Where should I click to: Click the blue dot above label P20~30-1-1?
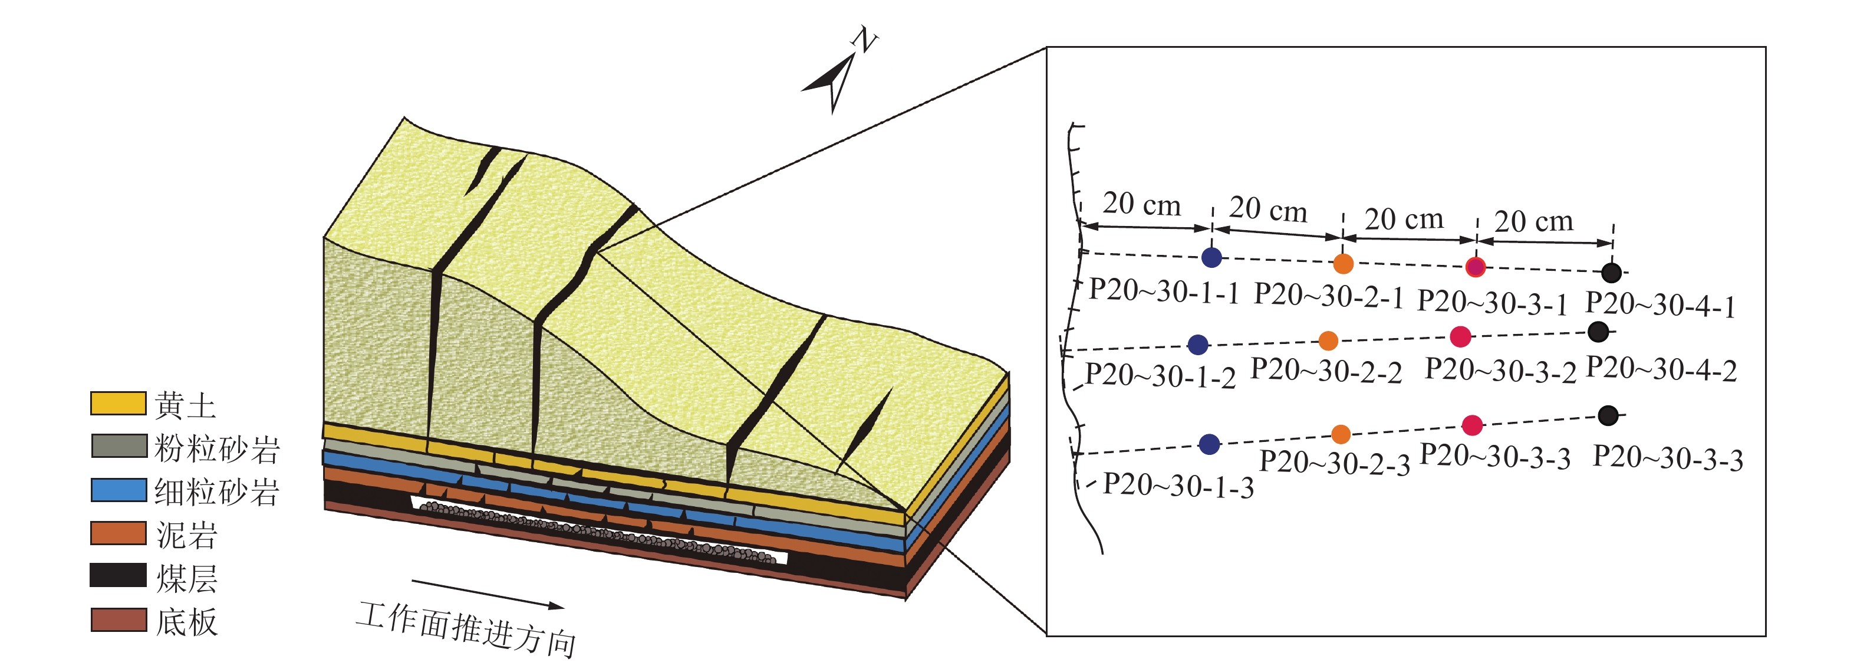(1212, 257)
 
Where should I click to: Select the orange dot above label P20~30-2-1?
(1343, 264)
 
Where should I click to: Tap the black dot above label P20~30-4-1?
(1611, 273)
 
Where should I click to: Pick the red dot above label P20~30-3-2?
(1460, 337)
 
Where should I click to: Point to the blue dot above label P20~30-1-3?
(1209, 444)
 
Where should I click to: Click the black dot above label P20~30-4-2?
(1598, 332)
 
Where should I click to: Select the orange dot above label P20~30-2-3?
(1341, 434)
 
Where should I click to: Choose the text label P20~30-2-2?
(1326, 371)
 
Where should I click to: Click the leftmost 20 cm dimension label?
(1142, 205)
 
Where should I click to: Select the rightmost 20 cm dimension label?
(1533, 221)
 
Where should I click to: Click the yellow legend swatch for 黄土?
(118, 403)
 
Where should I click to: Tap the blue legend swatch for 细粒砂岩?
(118, 490)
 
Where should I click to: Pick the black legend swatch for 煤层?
(118, 575)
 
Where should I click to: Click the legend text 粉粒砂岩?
(217, 448)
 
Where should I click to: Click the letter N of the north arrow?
(864, 40)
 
